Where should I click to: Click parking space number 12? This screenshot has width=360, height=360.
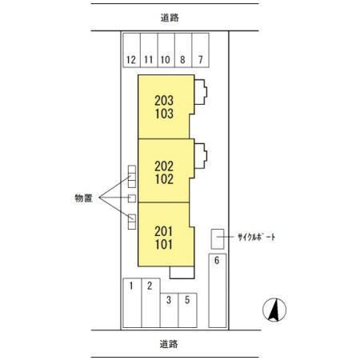pyautogui.click(x=131, y=50)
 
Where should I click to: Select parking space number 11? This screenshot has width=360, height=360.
pyautogui.click(x=149, y=50)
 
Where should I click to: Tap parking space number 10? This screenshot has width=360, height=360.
pyautogui.click(x=166, y=50)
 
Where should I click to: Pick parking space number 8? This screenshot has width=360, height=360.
pyautogui.click(x=183, y=50)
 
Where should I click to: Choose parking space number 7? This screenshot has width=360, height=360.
pyautogui.click(x=200, y=50)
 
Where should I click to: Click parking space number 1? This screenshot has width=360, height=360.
pyautogui.click(x=132, y=303)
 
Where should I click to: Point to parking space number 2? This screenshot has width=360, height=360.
pyautogui.click(x=150, y=303)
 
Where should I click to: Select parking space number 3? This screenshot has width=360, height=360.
pyautogui.click(x=169, y=310)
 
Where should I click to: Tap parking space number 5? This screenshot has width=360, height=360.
pyautogui.click(x=187, y=310)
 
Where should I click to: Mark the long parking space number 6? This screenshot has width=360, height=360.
pyautogui.click(x=218, y=290)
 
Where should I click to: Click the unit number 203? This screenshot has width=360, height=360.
pyautogui.click(x=164, y=101)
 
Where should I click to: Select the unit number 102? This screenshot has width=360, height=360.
pyautogui.click(x=164, y=179)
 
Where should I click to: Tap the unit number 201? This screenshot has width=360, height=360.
pyautogui.click(x=164, y=231)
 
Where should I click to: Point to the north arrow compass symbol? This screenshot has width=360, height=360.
pyautogui.click(x=274, y=310)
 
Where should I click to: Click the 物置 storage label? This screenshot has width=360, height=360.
pyautogui.click(x=84, y=198)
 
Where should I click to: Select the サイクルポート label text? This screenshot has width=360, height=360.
pyautogui.click(x=256, y=237)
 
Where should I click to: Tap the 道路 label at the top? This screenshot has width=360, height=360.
pyautogui.click(x=170, y=18)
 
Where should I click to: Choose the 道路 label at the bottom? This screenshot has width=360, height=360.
pyautogui.click(x=169, y=344)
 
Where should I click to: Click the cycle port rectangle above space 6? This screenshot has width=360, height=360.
pyautogui.click(x=218, y=239)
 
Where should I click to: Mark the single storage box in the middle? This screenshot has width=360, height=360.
pyautogui.click(x=132, y=198)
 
